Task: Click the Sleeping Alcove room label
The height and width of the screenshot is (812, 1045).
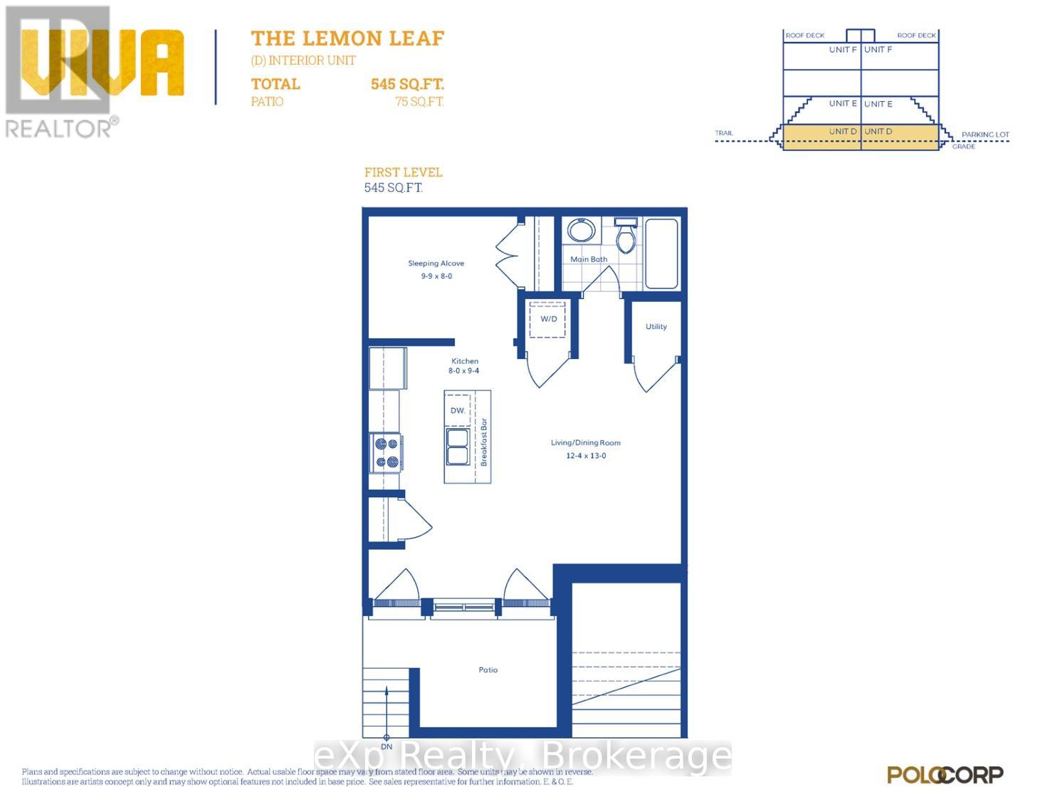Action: [x=436, y=264]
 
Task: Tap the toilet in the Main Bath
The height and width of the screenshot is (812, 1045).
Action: [x=625, y=236]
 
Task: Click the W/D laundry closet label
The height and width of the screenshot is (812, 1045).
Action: [x=548, y=318]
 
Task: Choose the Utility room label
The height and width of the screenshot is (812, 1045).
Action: [x=656, y=326]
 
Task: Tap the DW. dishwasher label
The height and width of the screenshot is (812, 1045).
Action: [x=458, y=410]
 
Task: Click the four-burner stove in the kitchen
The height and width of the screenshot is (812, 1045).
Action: [x=387, y=453]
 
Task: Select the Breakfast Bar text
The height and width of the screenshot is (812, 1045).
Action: [x=484, y=442]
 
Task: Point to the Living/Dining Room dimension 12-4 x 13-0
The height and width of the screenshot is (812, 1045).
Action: [x=586, y=456]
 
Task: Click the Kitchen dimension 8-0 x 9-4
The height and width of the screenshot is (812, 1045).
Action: [x=463, y=371]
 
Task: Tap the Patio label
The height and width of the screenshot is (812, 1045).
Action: [x=488, y=670]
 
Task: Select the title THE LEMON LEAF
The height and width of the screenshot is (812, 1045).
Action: [x=347, y=38]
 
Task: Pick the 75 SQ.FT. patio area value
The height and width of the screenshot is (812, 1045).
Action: [x=419, y=102]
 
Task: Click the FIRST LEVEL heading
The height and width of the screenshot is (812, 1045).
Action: [x=403, y=172]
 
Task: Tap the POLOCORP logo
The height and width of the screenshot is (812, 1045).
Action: [x=945, y=775]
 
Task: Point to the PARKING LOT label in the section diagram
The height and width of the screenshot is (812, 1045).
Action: [x=985, y=135]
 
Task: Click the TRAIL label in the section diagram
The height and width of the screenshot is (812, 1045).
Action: [x=724, y=133]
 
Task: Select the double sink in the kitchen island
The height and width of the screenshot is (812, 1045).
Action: [x=457, y=446]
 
